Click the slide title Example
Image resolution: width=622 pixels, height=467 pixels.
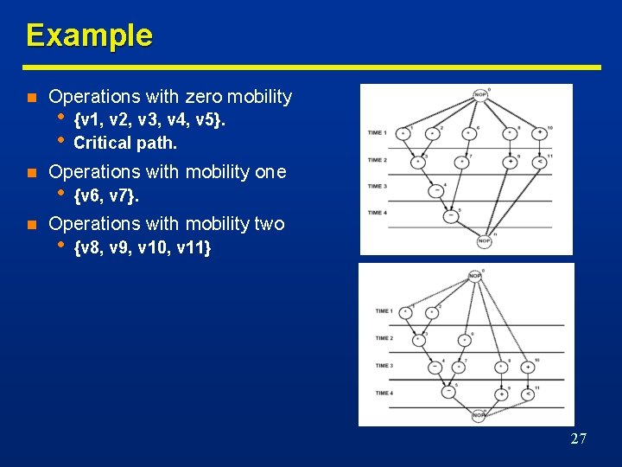coord(89,35)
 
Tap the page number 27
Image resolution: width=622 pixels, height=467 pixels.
coord(578,439)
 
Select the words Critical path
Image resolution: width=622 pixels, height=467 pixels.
coord(125,143)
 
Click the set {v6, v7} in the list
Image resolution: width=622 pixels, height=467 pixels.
coord(107,197)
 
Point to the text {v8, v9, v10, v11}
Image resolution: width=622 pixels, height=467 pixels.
coord(143,249)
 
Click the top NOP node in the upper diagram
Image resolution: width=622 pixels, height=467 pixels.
coord(479,95)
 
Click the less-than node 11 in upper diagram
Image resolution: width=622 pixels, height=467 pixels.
coord(539,161)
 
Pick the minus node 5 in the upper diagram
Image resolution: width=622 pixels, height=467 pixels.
coord(451,217)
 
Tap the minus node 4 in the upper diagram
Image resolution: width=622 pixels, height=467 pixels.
coord(437,191)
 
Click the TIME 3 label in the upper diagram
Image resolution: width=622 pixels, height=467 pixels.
coord(377,186)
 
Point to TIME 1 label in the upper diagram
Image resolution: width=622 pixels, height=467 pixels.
coord(377,133)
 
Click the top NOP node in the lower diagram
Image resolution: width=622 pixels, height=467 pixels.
coord(474,277)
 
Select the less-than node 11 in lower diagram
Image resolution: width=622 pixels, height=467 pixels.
coord(526,394)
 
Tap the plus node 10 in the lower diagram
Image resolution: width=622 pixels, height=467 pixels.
coord(527,368)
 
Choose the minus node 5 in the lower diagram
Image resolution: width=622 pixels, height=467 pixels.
coord(448,392)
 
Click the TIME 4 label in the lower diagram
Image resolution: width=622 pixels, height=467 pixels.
coord(384,393)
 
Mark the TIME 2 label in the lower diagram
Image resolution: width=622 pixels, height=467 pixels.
coord(384,338)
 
